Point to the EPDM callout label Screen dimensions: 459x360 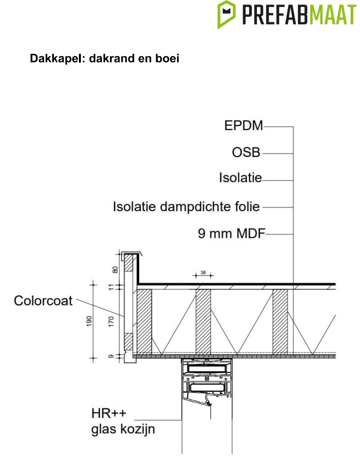pyautogui.click(x=244, y=126)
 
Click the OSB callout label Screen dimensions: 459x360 pyautogui.click(x=246, y=153)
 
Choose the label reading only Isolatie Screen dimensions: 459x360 pyautogui.click(x=240, y=178)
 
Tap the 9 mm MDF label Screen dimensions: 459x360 pyautogui.click(x=231, y=233)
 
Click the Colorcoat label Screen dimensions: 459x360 pyautogui.click(x=43, y=301)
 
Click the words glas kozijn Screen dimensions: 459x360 pyautogui.click(x=123, y=429)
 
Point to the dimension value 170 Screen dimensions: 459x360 pyautogui.click(x=111, y=322)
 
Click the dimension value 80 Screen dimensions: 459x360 pyautogui.click(x=115, y=269)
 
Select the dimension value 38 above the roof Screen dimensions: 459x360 pyautogui.click(x=203, y=272)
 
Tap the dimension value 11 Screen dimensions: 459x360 pyautogui.click(x=111, y=287)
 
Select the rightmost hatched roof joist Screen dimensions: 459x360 pyautogui.click(x=280, y=321)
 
